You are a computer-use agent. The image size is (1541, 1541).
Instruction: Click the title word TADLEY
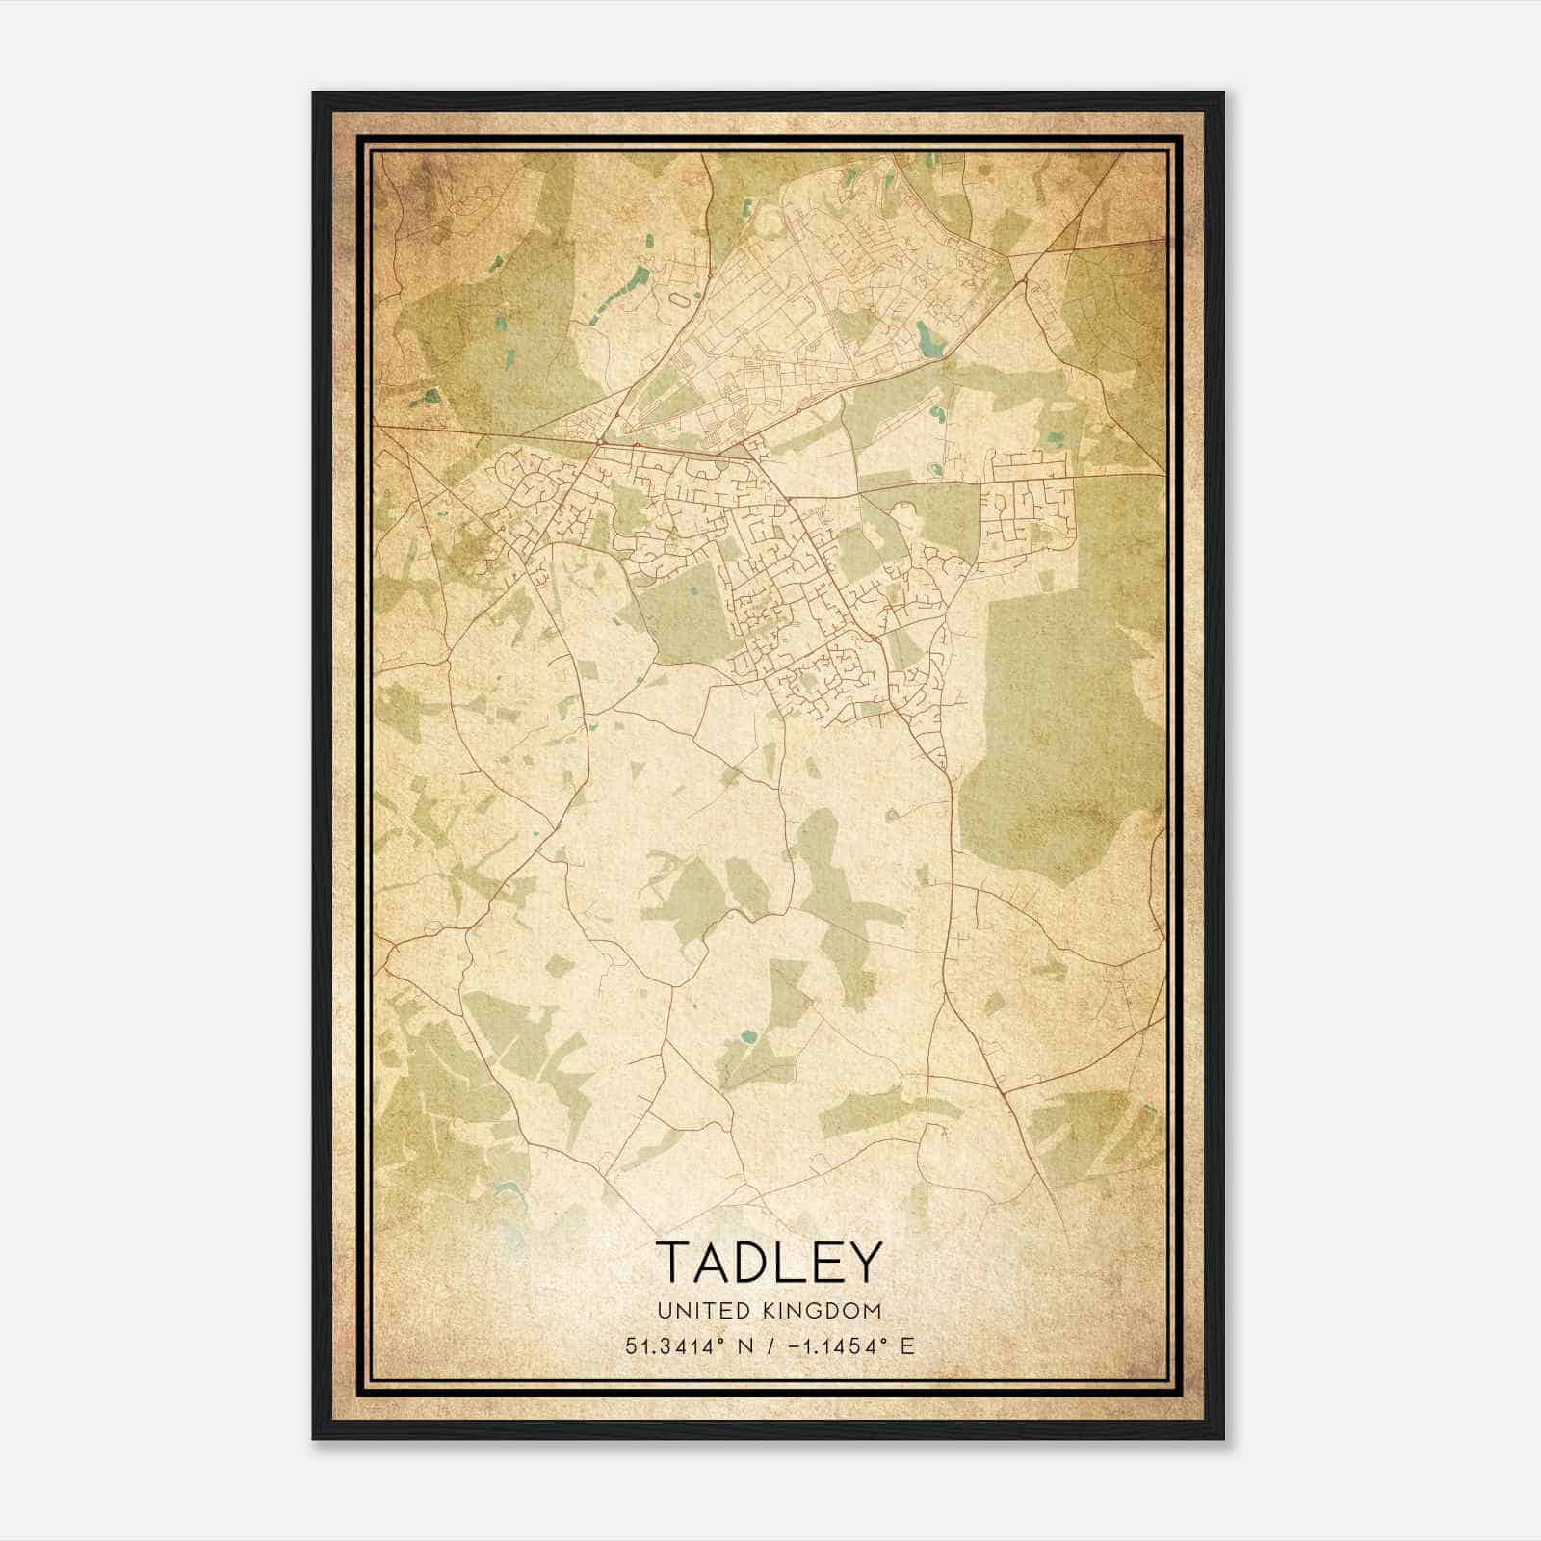pos(769,1261)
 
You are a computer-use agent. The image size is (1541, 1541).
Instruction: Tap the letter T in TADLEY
pos(673,1261)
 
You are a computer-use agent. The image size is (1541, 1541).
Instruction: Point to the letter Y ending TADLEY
pos(865,1261)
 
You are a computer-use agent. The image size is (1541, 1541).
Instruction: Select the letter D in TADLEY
pos(751,1261)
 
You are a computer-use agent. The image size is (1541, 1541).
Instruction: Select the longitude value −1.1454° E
pos(849,1345)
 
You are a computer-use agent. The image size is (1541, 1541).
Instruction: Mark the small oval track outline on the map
pos(681,301)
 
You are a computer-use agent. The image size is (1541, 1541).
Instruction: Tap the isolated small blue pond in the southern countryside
pos(748,1037)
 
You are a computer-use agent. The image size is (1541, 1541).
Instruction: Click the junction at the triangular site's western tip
pos(599,442)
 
